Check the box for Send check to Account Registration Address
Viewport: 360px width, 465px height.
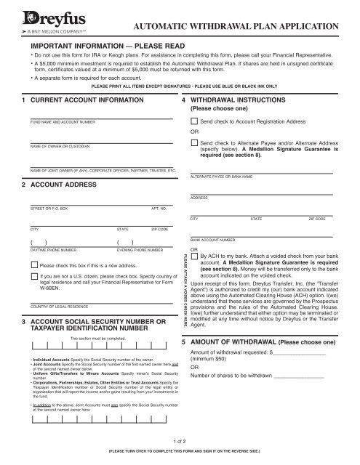(193, 121)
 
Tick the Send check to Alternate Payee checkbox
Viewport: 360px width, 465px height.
(193, 145)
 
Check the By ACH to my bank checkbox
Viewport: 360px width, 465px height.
(193, 256)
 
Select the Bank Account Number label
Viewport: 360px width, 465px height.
(212, 238)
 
